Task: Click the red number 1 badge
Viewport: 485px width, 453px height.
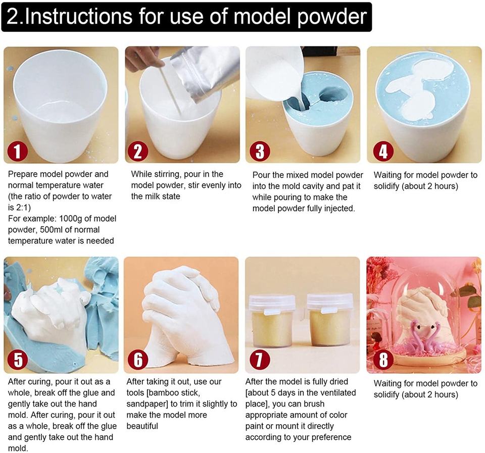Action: click(x=18, y=151)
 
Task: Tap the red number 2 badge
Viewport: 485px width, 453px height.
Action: click(x=138, y=151)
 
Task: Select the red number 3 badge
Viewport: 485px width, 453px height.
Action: click(x=260, y=151)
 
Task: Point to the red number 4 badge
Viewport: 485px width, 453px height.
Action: click(x=383, y=151)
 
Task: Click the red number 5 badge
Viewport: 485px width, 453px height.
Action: click(x=18, y=360)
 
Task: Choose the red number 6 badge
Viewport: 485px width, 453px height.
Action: click(x=138, y=360)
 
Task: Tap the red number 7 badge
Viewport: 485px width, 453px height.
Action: click(x=260, y=360)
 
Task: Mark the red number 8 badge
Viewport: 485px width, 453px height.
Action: click(x=383, y=360)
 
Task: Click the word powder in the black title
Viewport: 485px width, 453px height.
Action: click(x=331, y=17)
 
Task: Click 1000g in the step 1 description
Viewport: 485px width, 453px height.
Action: click(x=70, y=219)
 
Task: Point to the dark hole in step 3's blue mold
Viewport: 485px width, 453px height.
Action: click(x=333, y=94)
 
